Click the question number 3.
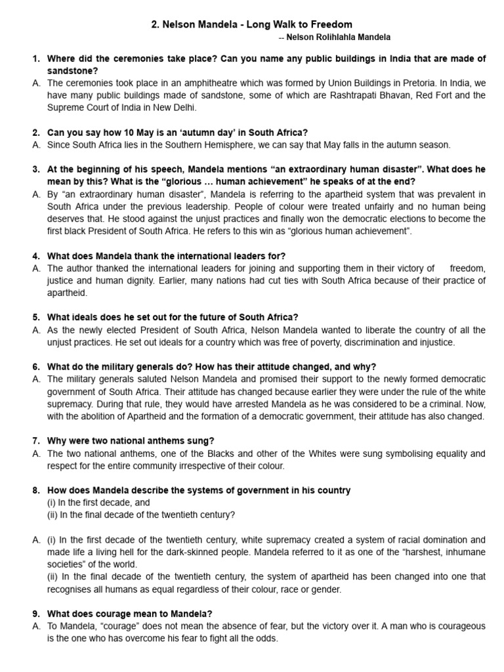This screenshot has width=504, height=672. pos(36,169)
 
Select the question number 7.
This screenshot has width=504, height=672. pos(36,441)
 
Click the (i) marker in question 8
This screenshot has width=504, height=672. pos(52,503)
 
